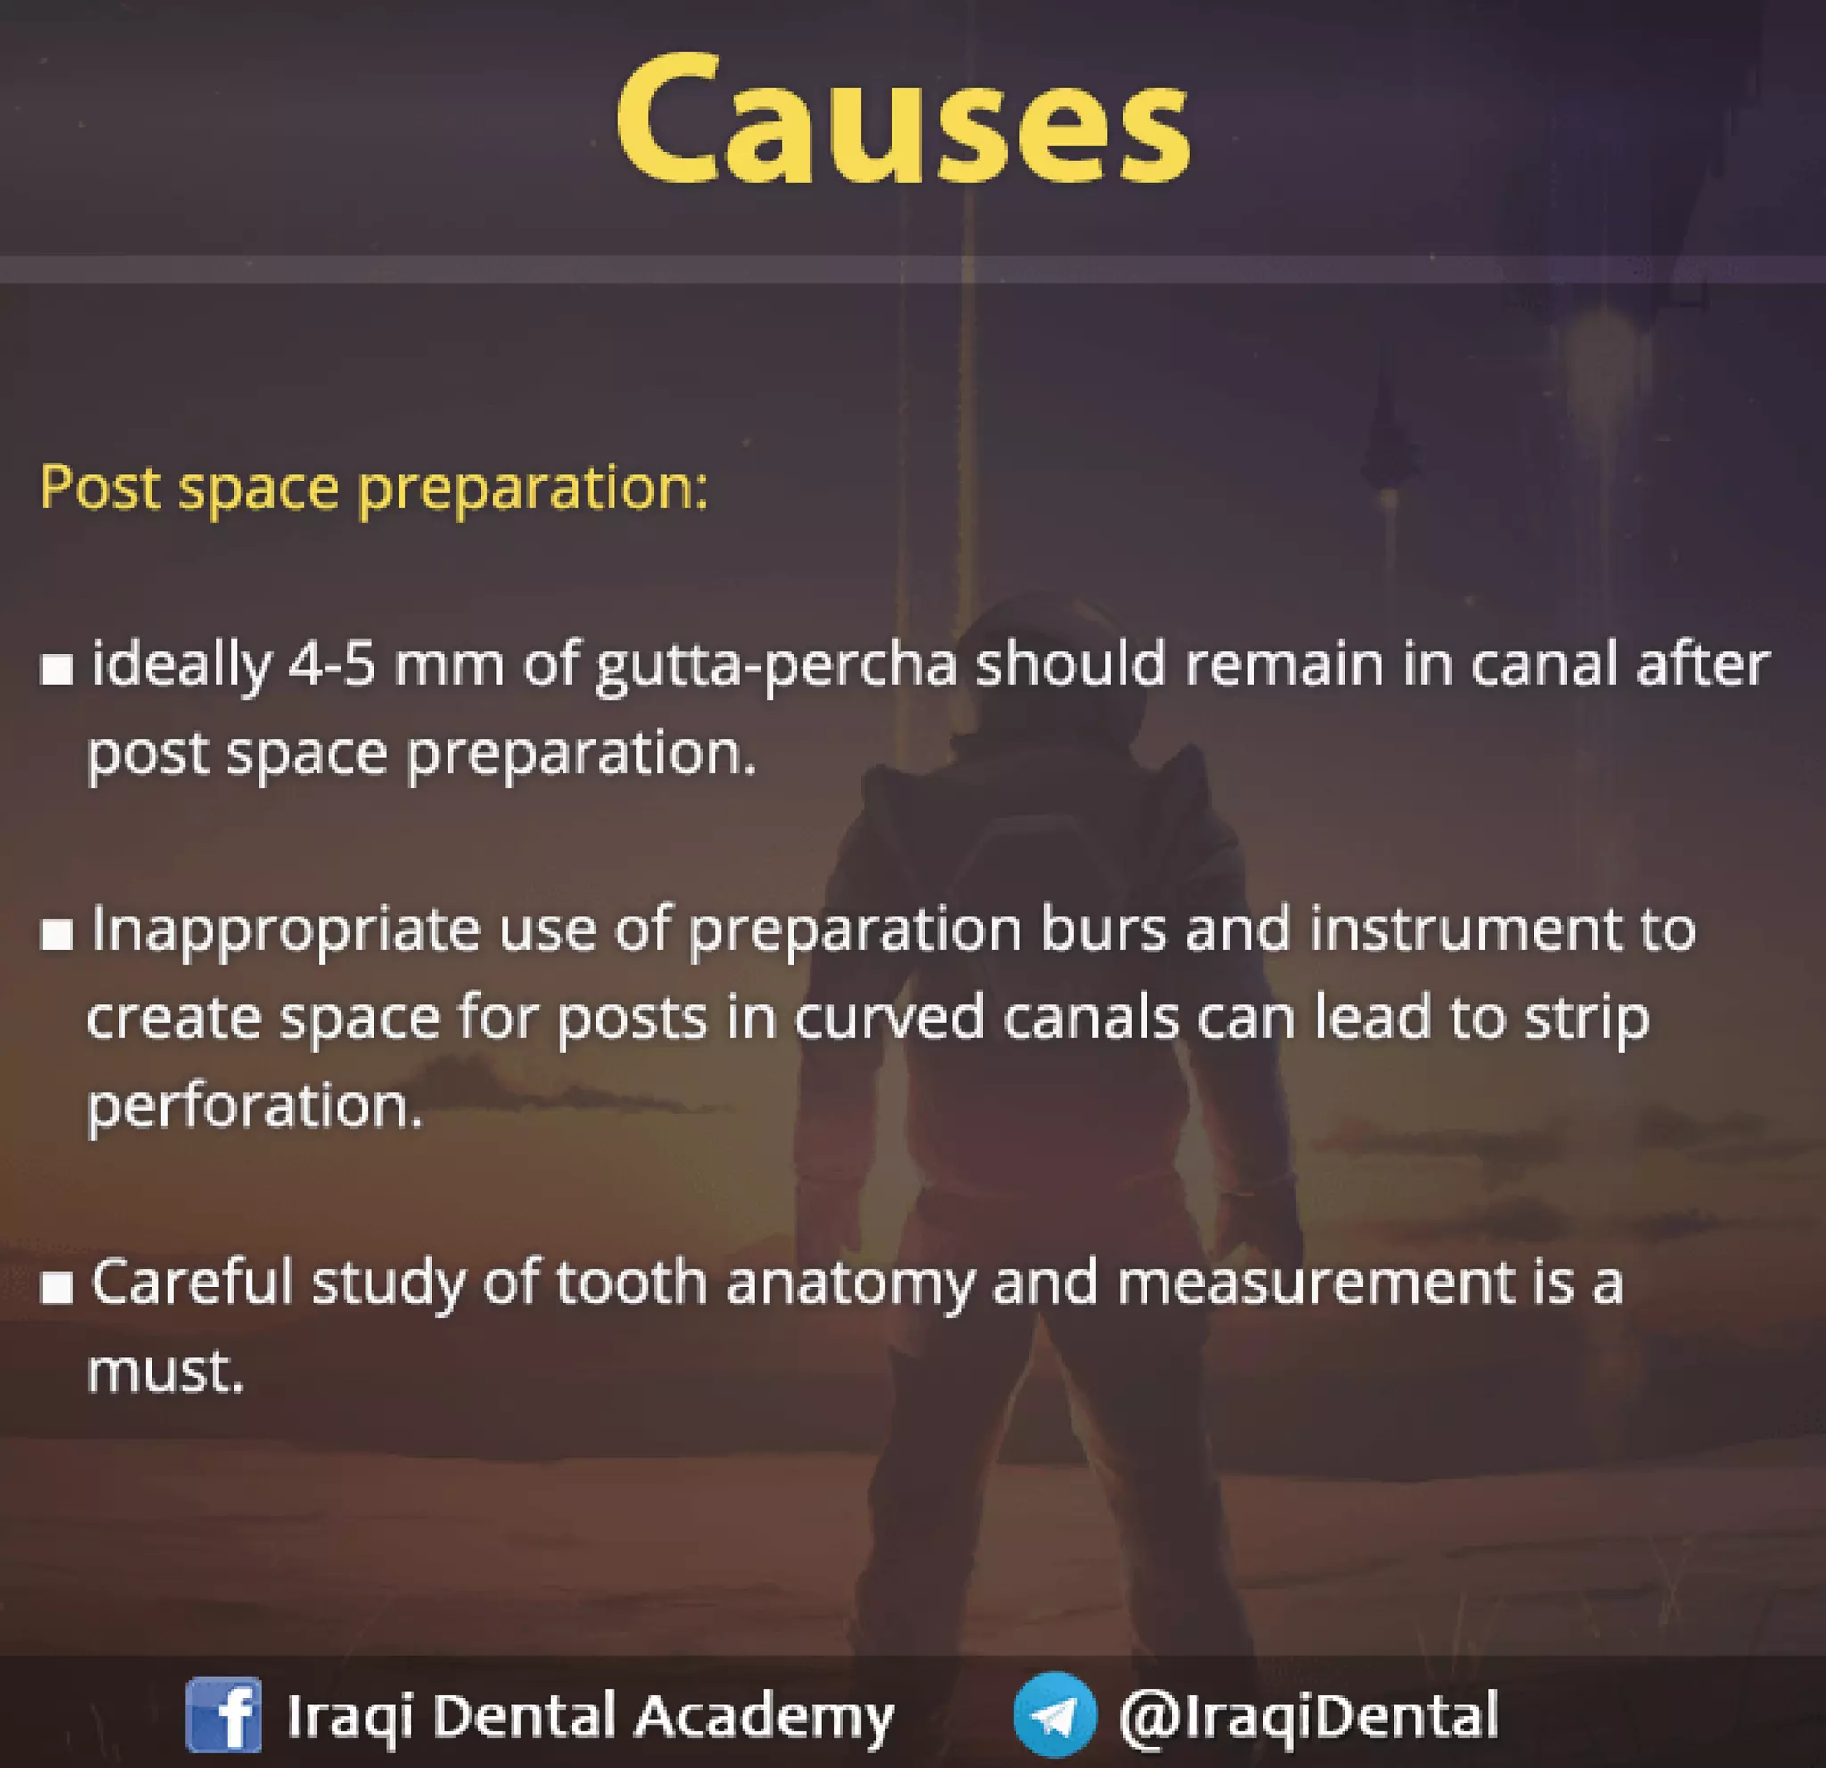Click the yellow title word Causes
click(x=901, y=121)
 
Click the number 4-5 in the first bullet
click(x=332, y=665)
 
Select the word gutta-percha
click(x=775, y=667)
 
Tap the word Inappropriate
click(x=284, y=931)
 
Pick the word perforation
click(x=254, y=1106)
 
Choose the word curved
click(x=889, y=1017)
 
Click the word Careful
click(x=191, y=1282)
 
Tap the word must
click(x=165, y=1371)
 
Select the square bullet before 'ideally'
click(x=57, y=670)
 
